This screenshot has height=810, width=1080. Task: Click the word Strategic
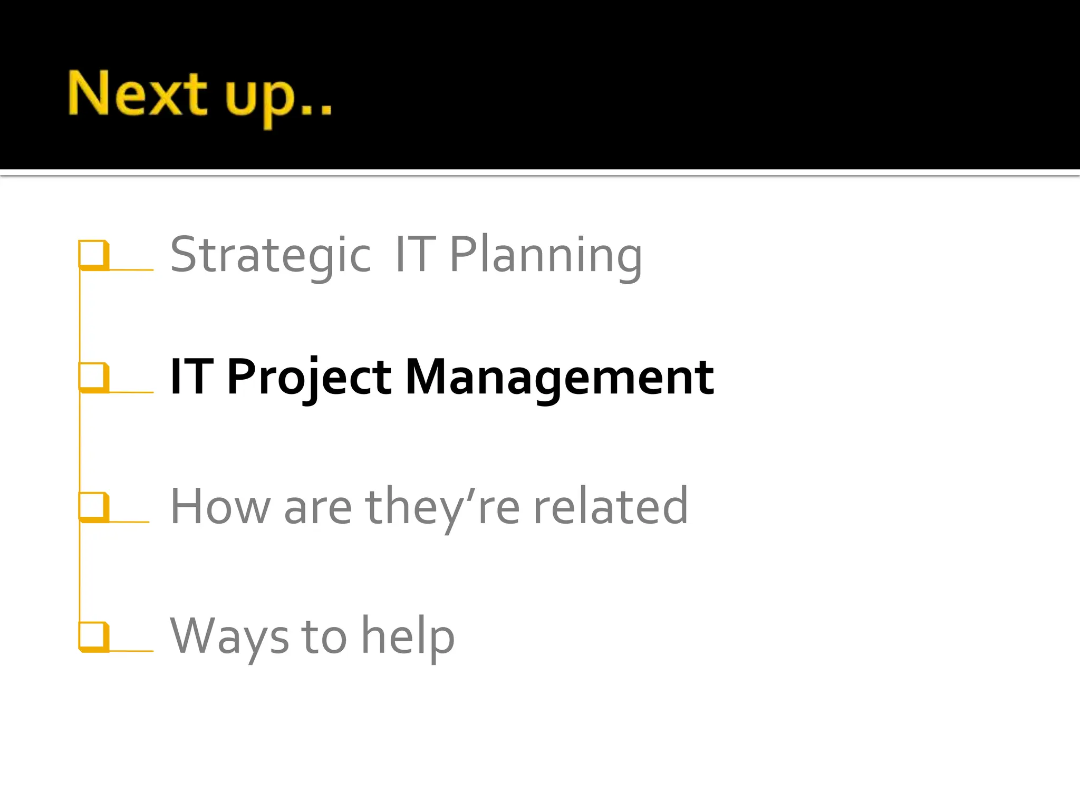tap(271, 256)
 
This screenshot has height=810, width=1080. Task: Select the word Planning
tap(545, 256)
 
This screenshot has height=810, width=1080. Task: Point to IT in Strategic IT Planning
tap(414, 255)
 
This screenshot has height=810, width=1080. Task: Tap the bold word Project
tap(309, 378)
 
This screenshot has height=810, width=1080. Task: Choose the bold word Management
tap(559, 378)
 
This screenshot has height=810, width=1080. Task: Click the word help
tap(408, 637)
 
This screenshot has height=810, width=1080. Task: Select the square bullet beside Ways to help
tap(93, 636)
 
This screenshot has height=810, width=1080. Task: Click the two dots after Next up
tap(315, 110)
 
